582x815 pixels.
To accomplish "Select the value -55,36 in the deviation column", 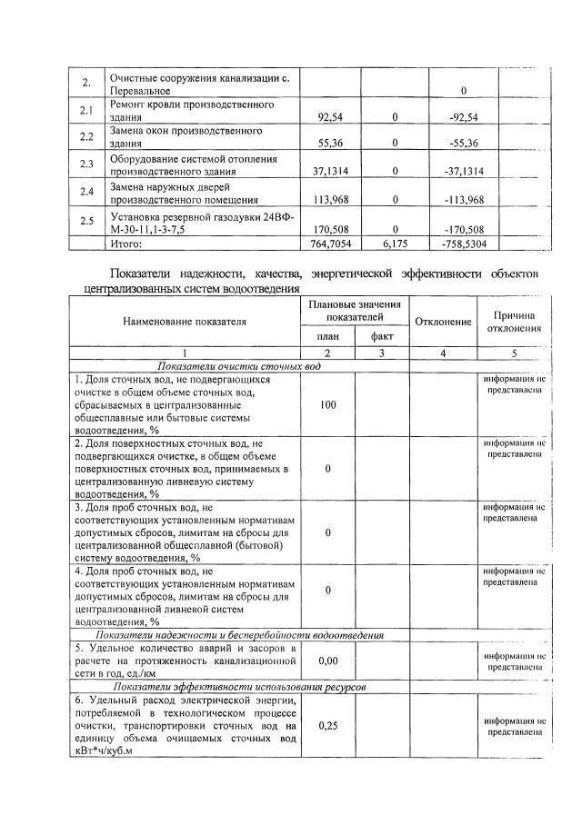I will pos(464,144).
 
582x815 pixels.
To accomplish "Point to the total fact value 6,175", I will pos(395,244).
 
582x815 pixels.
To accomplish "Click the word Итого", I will pos(127,244).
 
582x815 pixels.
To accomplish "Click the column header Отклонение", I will pos(443,323).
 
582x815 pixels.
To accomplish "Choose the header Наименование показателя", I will pos(186,323).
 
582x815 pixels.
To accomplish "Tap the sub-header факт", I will pos(381,337).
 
